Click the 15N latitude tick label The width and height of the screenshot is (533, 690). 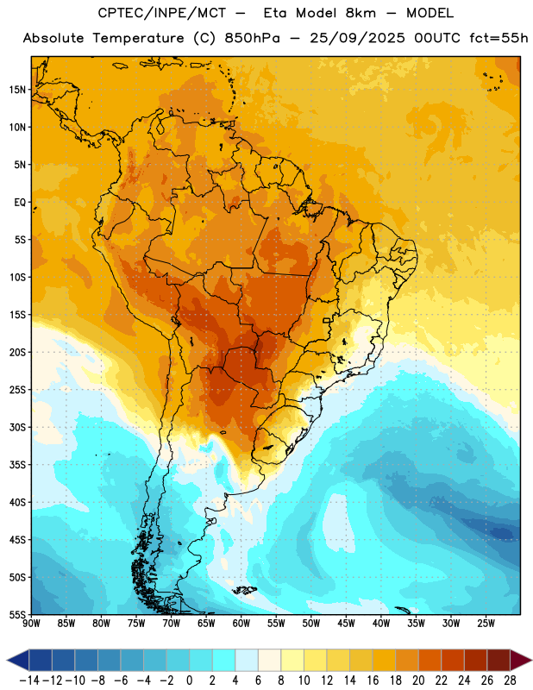17,90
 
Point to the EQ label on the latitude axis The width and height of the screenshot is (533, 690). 20,203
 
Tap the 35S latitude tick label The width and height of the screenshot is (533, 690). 17,465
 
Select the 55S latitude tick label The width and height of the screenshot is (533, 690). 17,614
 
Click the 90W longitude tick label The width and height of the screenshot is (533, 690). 31,624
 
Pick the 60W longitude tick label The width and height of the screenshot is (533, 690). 241,624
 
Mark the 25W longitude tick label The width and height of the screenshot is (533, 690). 486,624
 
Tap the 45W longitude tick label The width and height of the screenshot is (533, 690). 346,624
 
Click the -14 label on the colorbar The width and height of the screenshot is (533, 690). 29,681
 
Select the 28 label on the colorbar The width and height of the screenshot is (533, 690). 510,681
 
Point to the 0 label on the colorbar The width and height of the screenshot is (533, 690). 189,681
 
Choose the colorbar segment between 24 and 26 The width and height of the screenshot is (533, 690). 475,660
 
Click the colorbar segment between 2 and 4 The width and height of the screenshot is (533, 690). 223,660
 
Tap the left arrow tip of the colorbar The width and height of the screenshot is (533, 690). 7,660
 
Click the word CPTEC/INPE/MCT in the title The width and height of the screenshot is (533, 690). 161,13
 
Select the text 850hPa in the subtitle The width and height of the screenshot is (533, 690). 252,38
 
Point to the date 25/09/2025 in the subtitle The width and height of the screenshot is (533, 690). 357,38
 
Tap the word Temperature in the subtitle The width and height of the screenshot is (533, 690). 138,39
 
